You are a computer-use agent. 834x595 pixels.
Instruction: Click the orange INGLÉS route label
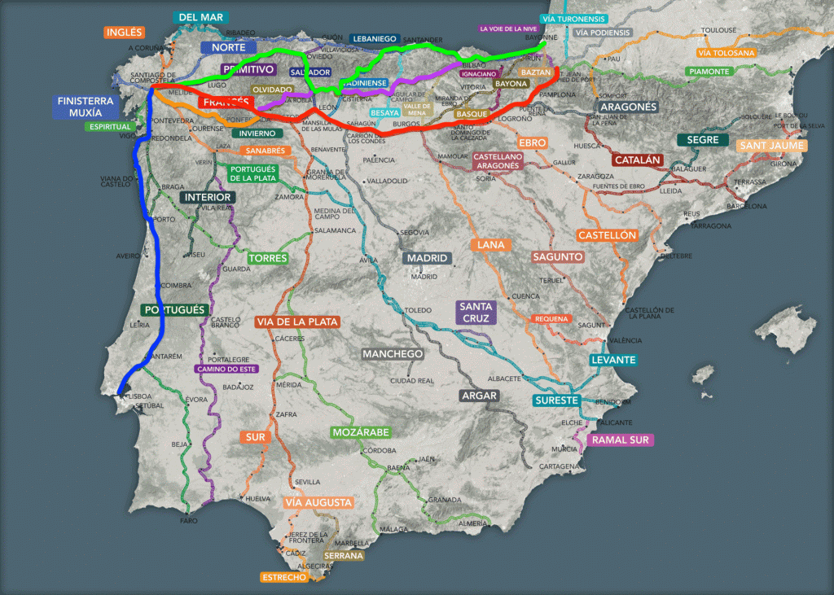[125, 33]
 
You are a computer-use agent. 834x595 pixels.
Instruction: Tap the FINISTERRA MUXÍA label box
[86, 107]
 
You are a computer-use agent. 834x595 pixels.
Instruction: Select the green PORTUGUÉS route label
[173, 310]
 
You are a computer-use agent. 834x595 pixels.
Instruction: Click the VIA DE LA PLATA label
[297, 322]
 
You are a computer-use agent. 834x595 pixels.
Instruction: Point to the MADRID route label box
[428, 258]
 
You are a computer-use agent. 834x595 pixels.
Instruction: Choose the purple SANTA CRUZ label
[475, 313]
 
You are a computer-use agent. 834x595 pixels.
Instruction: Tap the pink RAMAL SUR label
[621, 440]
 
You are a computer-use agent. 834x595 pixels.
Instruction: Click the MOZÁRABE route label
[361, 431]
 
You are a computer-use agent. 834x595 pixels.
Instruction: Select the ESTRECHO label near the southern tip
[284, 577]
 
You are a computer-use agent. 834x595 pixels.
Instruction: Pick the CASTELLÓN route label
[607, 235]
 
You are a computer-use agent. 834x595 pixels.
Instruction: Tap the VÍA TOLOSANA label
[726, 53]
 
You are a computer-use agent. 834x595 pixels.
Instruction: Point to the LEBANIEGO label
[373, 38]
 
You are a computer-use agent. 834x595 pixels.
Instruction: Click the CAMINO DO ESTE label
[226, 369]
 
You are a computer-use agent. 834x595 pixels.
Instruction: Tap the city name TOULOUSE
[718, 30]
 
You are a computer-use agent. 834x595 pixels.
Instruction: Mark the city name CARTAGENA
[558, 466]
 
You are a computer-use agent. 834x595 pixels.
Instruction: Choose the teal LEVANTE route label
[613, 360]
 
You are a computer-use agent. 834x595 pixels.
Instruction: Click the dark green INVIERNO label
[257, 133]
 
